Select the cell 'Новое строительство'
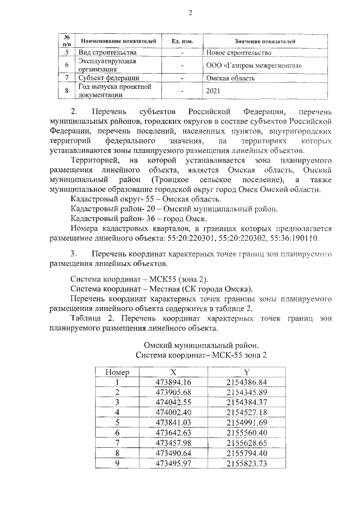click(239, 53)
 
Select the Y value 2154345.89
click(246, 392)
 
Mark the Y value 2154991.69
click(246, 422)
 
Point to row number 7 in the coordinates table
click(118, 442)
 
